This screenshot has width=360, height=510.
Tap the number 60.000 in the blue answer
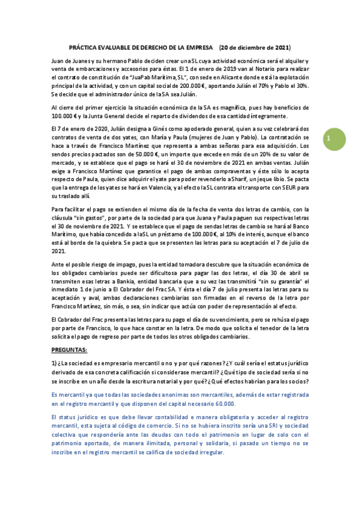point(224,404)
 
